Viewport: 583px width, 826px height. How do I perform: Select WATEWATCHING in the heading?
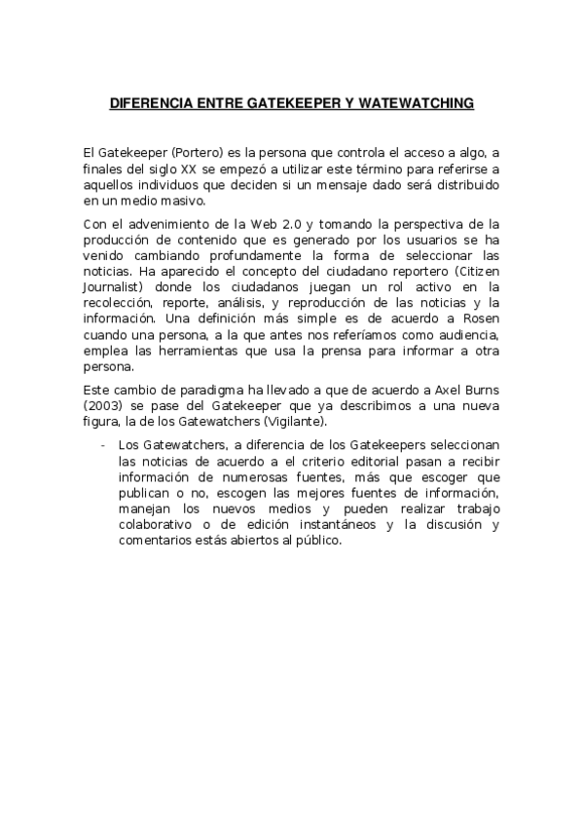417,102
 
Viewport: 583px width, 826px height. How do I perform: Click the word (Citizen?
476,270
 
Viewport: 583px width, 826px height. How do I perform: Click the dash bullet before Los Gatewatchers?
104,445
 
